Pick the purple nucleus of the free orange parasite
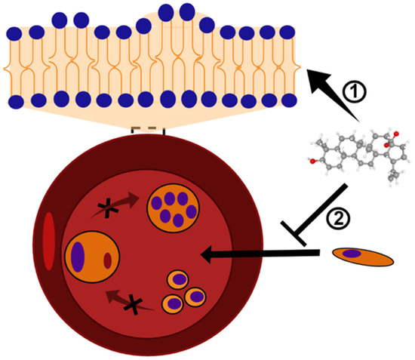pyautogui.click(x=352, y=254)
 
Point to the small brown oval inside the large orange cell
pyautogui.click(x=108, y=260)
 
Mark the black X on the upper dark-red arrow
pyautogui.click(x=115, y=209)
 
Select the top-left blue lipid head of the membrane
pyautogui.click(x=13, y=32)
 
